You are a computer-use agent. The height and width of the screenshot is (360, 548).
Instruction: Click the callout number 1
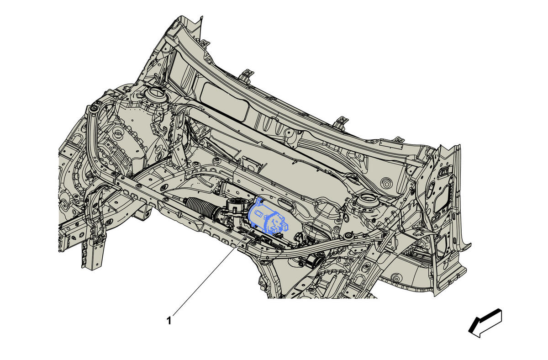[169, 321]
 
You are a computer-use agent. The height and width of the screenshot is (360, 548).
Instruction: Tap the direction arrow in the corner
[485, 323]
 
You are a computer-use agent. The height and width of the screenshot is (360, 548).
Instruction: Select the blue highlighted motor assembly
[268, 218]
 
